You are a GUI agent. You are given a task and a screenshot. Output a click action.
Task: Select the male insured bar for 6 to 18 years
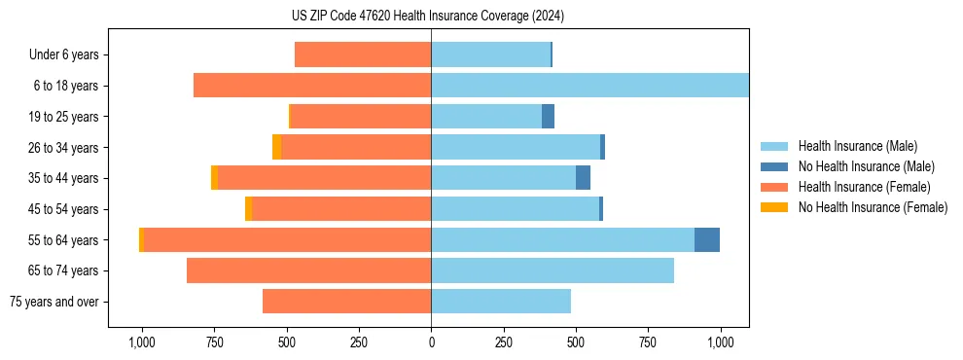[x=589, y=86]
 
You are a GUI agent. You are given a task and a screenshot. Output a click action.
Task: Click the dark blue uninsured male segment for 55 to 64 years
[x=707, y=239]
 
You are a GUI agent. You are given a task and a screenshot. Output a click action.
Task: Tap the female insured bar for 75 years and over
[x=346, y=302]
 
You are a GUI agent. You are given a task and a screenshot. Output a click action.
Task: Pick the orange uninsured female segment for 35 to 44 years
[x=214, y=178]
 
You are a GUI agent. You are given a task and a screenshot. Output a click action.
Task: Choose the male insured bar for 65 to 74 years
[x=553, y=270]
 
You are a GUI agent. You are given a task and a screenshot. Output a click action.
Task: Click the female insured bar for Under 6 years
[x=363, y=54]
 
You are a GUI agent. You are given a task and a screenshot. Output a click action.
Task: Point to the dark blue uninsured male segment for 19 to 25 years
[x=548, y=117]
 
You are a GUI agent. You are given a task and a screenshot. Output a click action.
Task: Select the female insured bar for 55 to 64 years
[x=288, y=239]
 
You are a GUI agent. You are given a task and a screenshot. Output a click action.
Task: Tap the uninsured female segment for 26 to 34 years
[x=276, y=147]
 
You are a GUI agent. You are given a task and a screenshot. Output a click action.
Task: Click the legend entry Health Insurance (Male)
[x=857, y=146]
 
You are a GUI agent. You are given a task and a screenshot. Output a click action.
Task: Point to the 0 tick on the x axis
[x=431, y=342]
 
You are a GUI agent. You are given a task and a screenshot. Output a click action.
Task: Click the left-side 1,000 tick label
[x=142, y=342]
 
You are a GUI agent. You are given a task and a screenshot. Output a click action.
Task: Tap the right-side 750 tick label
[x=648, y=342]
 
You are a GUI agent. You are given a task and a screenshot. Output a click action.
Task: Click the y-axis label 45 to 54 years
[x=64, y=209]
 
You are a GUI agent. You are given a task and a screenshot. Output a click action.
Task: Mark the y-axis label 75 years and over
[x=54, y=302]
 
